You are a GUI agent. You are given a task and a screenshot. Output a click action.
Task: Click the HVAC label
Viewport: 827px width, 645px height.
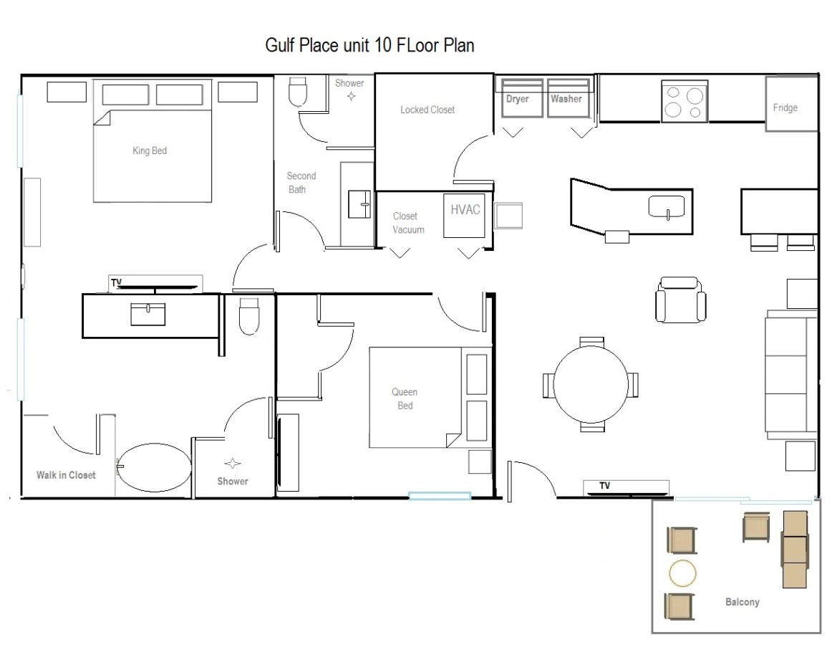(x=465, y=209)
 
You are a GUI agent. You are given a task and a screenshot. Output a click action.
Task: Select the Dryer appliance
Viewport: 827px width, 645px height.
(x=522, y=98)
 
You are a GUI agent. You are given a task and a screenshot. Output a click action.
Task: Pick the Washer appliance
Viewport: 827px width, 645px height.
(x=568, y=98)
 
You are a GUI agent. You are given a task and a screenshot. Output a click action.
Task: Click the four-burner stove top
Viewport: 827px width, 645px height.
(x=685, y=101)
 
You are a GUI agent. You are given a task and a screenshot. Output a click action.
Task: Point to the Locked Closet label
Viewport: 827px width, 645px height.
(x=427, y=110)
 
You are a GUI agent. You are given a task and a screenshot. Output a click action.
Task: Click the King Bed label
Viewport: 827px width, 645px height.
(x=150, y=150)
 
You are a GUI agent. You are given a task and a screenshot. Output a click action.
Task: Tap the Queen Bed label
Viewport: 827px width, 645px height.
(x=405, y=398)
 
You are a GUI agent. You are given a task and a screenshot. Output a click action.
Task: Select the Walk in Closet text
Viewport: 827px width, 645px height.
(x=66, y=475)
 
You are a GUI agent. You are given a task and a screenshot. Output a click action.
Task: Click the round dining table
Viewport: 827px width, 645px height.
(x=591, y=383)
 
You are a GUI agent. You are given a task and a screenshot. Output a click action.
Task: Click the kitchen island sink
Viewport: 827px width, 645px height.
(x=667, y=206)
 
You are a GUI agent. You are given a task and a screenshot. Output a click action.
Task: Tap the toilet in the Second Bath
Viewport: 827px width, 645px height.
(x=298, y=93)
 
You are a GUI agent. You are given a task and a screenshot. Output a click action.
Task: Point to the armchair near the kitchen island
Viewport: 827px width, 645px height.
(x=681, y=300)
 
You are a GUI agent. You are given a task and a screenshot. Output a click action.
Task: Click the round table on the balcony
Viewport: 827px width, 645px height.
(x=682, y=573)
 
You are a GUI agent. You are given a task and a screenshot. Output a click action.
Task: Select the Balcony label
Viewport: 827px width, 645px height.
(x=742, y=602)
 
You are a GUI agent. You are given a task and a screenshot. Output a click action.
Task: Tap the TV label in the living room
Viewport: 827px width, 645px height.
(x=605, y=486)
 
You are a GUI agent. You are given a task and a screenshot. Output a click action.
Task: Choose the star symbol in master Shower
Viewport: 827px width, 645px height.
(x=233, y=464)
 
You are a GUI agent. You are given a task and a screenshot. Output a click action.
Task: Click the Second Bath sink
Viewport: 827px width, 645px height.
(x=359, y=204)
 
